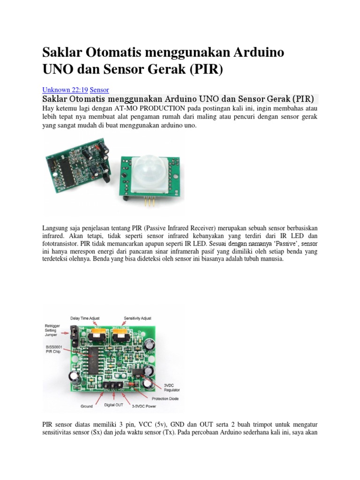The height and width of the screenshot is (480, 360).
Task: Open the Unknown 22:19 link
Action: [65, 90]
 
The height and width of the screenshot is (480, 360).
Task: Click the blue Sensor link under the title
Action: [99, 90]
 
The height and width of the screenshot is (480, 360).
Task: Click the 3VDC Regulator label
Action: [171, 387]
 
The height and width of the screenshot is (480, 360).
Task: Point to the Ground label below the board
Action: [87, 406]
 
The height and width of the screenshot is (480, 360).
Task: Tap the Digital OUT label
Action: [113, 404]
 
